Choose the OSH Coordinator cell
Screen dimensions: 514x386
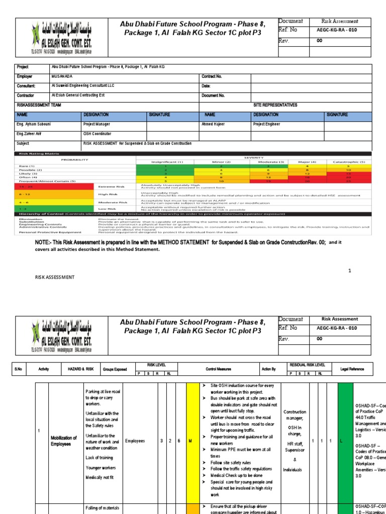[x=98, y=134]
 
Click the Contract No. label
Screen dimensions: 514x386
[x=212, y=76]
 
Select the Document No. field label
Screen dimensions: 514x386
[x=213, y=95]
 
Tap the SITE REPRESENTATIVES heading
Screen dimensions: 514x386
[x=275, y=105]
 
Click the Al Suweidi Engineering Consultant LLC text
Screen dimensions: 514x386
[x=83, y=86]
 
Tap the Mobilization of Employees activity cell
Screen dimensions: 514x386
[x=63, y=441]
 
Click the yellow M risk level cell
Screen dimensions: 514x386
[x=191, y=441]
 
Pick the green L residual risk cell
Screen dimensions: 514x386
[x=345, y=441]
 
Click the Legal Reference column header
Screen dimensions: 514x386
[x=352, y=369]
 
